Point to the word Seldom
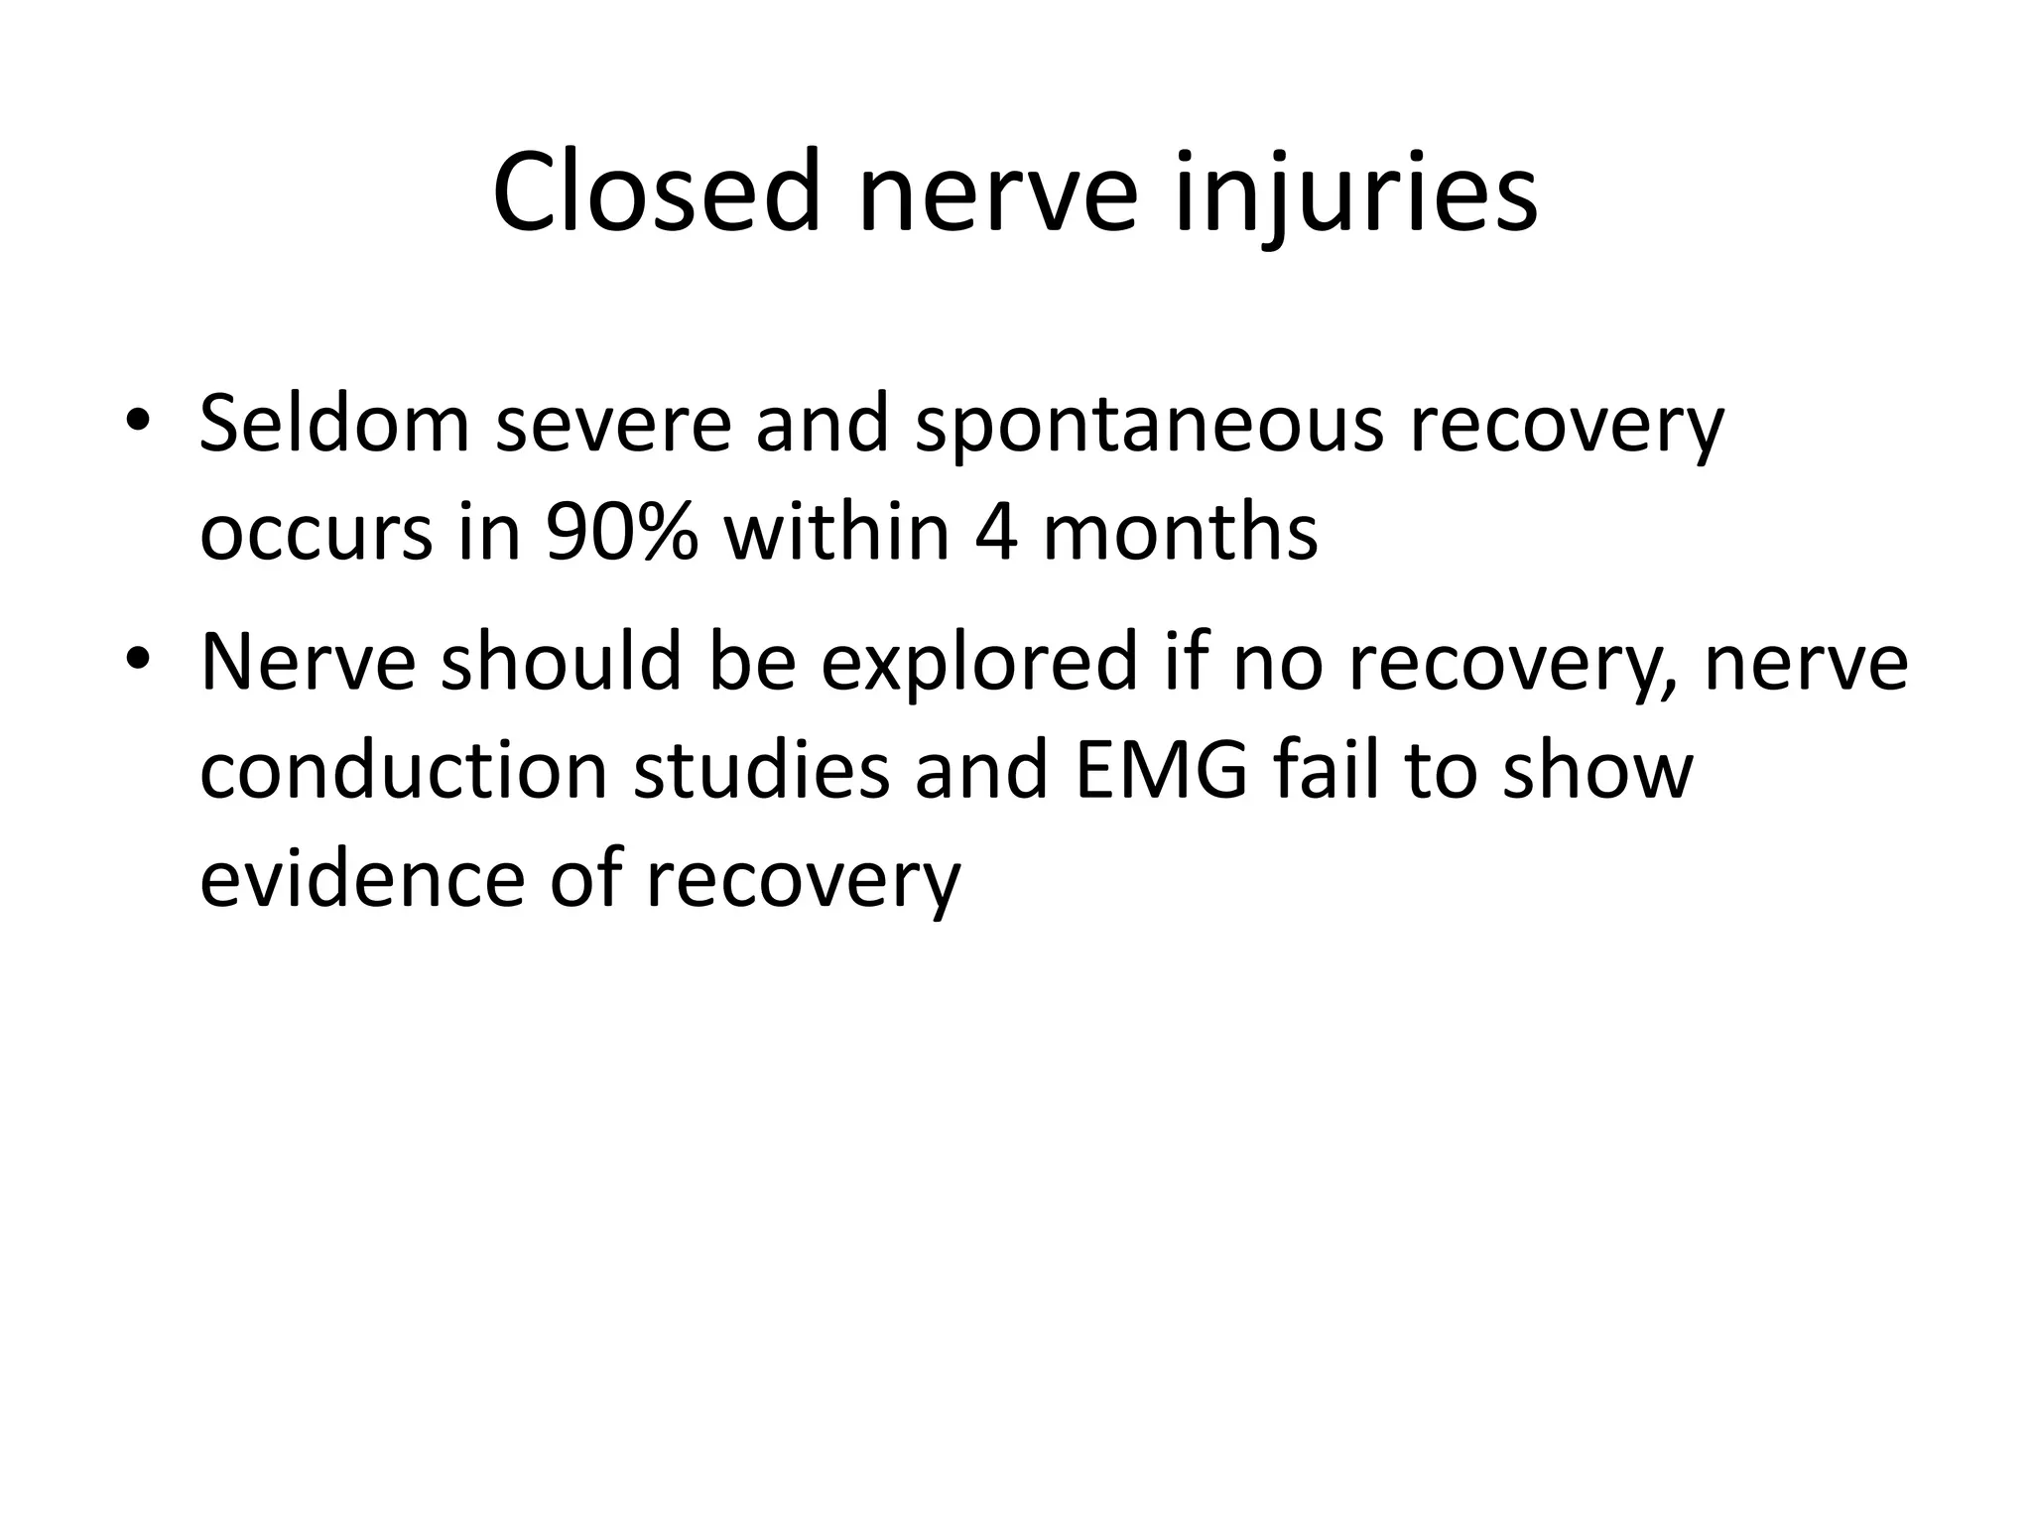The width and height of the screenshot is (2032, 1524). click(x=334, y=424)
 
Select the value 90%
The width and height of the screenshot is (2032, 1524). click(x=621, y=533)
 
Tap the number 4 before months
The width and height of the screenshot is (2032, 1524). click(x=996, y=533)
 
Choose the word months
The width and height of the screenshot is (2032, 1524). click(x=1180, y=533)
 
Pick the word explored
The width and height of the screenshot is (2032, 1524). click(x=977, y=663)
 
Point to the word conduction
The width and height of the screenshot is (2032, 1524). click(x=403, y=771)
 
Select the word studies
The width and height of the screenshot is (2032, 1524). click(x=761, y=771)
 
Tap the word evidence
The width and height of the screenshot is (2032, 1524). click(x=361, y=880)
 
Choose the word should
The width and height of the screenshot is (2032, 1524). click(x=561, y=663)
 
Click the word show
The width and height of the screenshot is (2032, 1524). click(x=1595, y=771)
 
